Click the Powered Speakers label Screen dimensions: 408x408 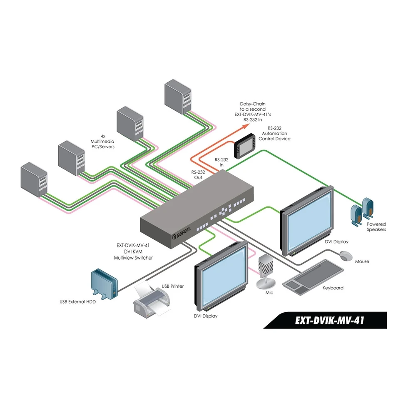pyautogui.click(x=376, y=227)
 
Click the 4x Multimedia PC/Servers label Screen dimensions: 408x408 pyautogui.click(x=102, y=141)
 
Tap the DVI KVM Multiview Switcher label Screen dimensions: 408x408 pyautogui.click(x=133, y=251)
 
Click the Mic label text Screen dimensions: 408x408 pyautogui.click(x=269, y=293)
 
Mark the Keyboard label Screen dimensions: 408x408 pyautogui.click(x=333, y=288)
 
